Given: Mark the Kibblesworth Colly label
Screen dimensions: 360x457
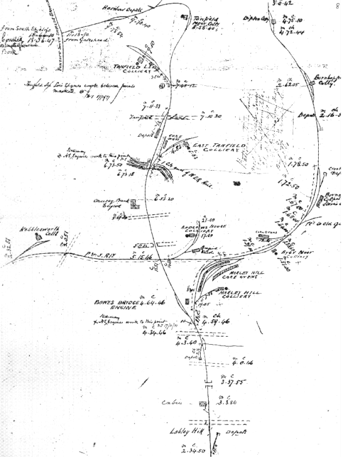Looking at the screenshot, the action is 40,231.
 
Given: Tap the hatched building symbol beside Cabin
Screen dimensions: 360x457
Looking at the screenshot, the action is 202,404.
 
